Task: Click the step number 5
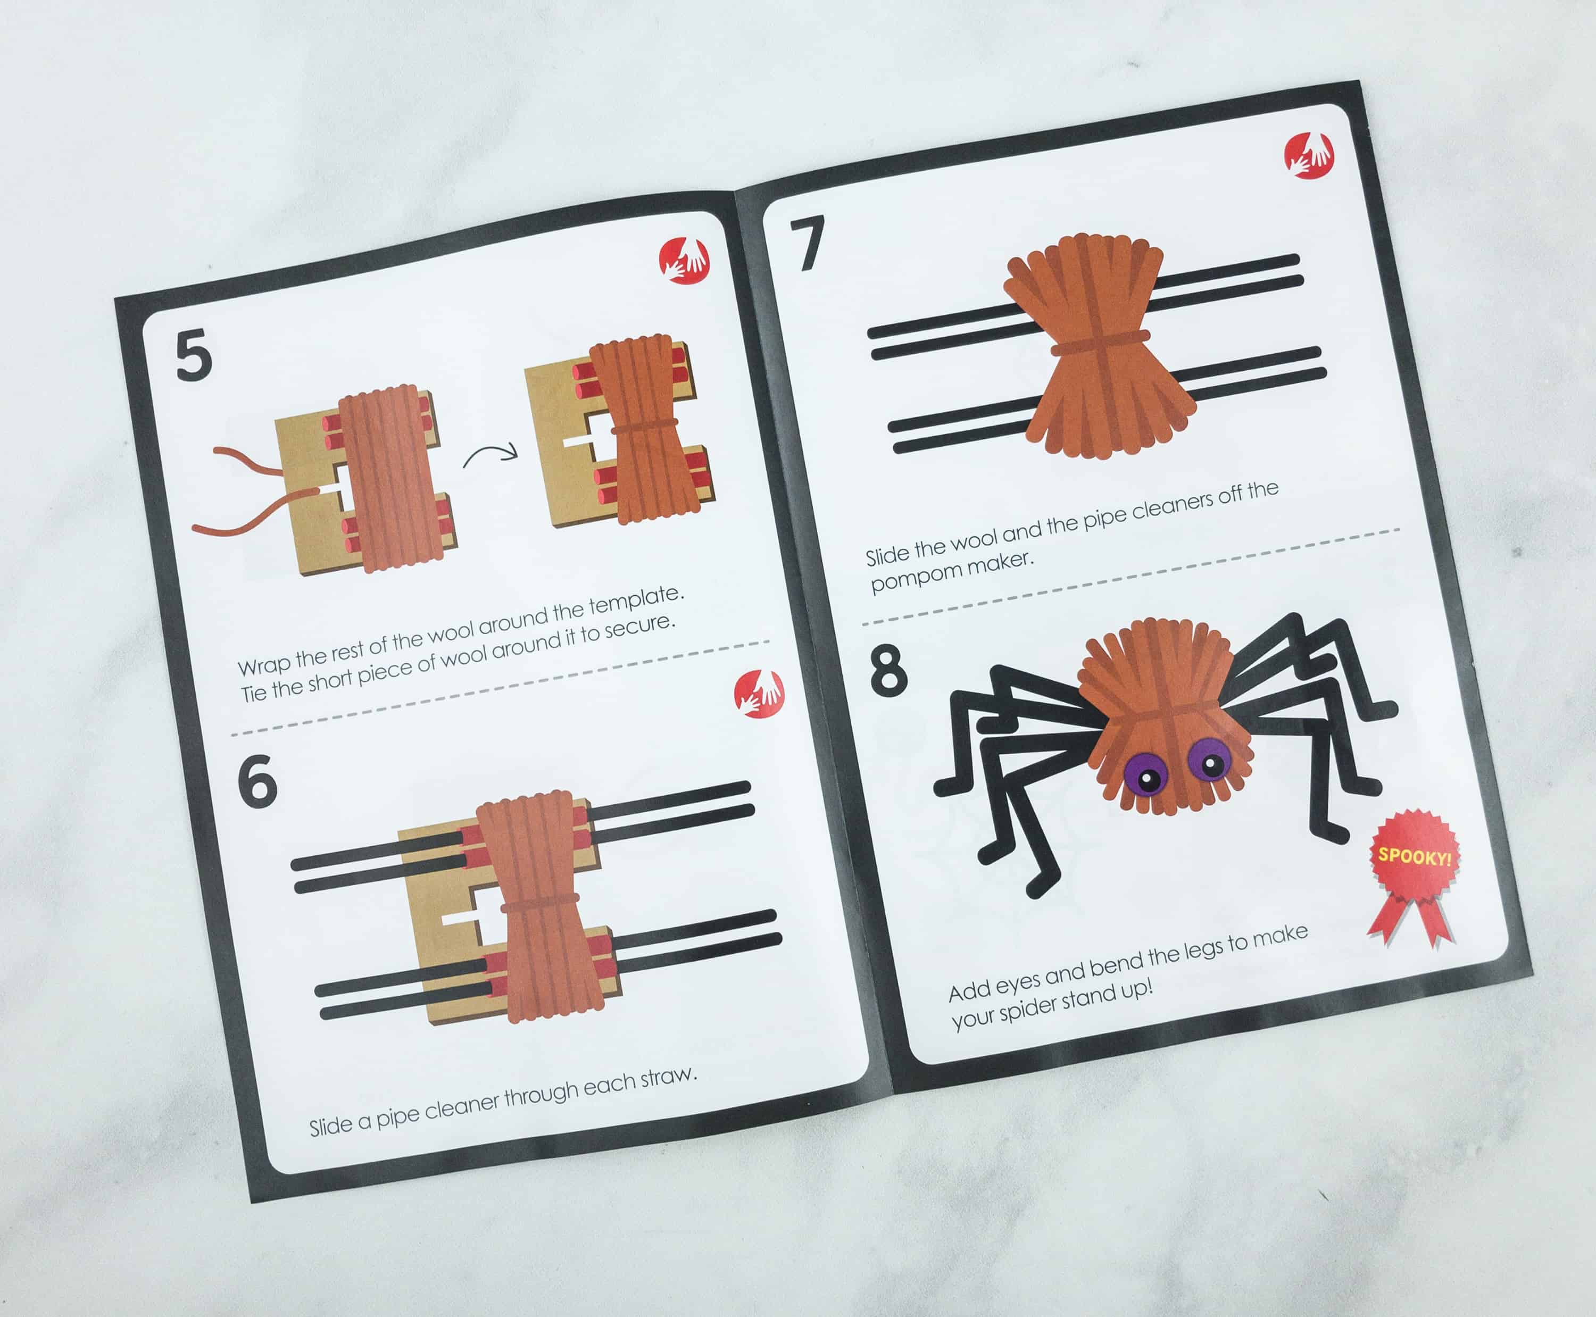tap(194, 356)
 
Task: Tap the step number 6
tap(257, 782)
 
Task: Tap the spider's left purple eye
tap(1148, 776)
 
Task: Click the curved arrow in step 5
tap(489, 454)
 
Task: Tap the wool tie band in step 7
tap(1100, 343)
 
